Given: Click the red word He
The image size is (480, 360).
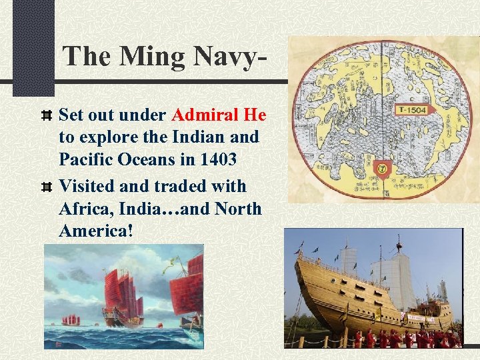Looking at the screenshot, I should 255,115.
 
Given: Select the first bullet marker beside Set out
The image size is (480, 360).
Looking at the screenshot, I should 47,115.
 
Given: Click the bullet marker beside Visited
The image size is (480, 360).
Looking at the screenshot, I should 47,186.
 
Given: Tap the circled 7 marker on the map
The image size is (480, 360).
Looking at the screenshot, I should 383,169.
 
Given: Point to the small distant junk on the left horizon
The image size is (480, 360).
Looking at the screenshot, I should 67,319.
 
